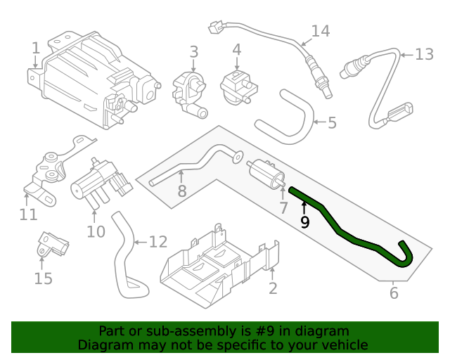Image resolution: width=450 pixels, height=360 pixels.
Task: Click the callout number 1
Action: [x=36, y=48]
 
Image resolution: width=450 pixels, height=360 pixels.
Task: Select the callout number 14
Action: [x=320, y=31]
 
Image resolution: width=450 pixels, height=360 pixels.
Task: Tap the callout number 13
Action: [x=425, y=54]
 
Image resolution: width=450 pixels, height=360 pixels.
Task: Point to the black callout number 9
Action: [x=304, y=223]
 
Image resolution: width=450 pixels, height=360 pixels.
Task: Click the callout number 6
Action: [x=394, y=293]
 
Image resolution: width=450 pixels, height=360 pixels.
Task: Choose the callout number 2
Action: [x=273, y=288]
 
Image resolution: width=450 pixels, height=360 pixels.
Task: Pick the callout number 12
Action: [x=158, y=242]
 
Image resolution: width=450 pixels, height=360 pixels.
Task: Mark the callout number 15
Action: [x=43, y=279]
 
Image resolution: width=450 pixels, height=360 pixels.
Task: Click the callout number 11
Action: [x=28, y=214]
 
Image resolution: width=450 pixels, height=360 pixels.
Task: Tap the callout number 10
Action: [x=96, y=231]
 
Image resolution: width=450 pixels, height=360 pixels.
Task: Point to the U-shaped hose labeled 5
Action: [x=288, y=116]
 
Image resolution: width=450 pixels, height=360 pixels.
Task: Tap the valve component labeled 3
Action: [x=191, y=91]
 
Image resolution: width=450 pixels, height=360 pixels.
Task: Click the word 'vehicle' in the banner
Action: [x=343, y=345]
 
